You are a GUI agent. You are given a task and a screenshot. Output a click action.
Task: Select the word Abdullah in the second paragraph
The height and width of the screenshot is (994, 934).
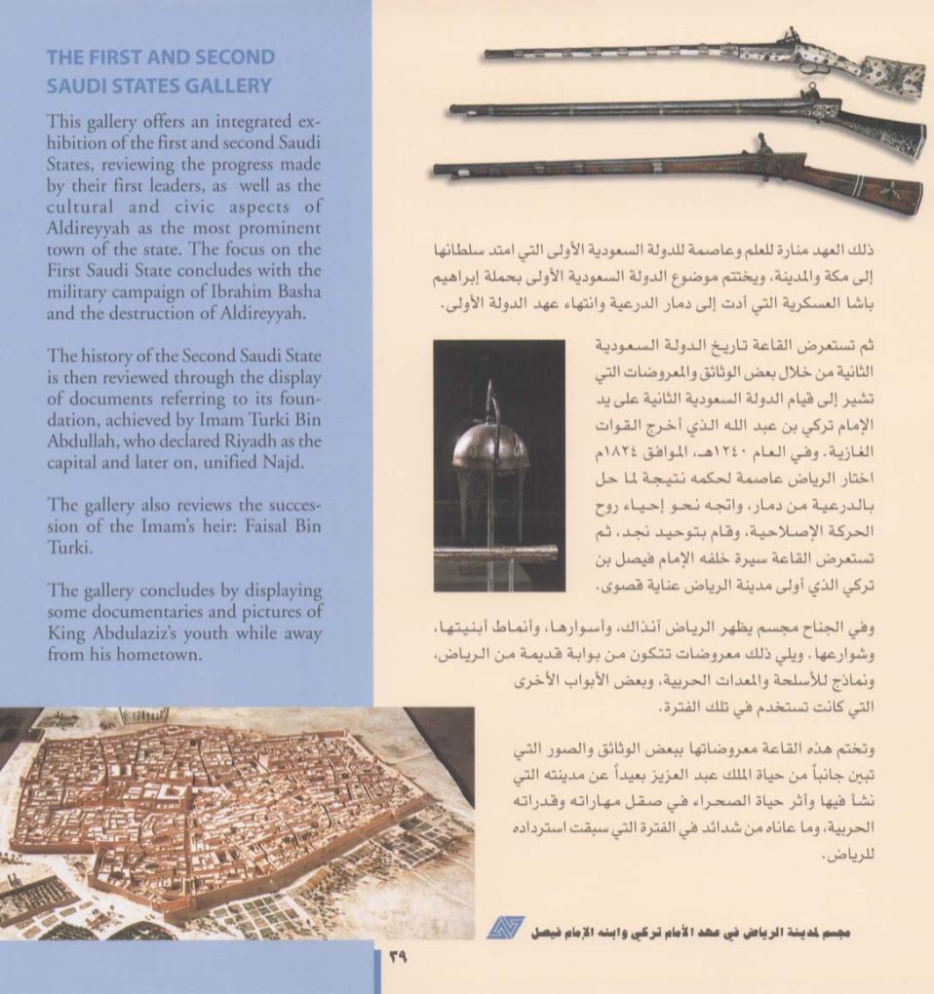[83, 440]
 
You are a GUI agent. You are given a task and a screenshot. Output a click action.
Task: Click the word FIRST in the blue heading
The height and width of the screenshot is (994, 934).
[116, 57]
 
